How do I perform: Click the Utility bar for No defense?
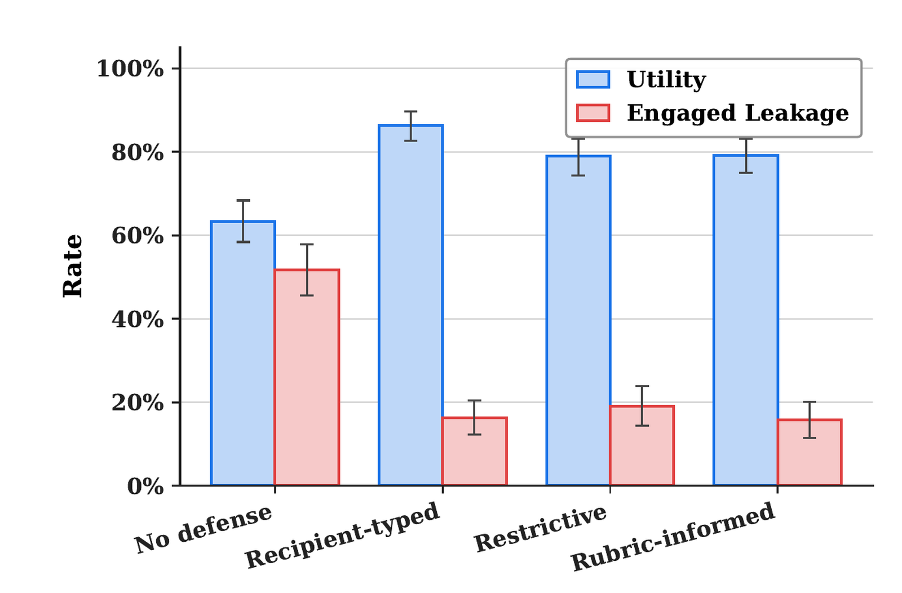pyautogui.click(x=243, y=353)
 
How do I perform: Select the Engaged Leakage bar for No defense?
pyautogui.click(x=307, y=377)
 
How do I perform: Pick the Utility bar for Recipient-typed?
pyautogui.click(x=410, y=305)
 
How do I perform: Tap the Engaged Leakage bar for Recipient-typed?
pyautogui.click(x=474, y=452)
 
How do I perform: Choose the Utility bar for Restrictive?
pyautogui.click(x=578, y=320)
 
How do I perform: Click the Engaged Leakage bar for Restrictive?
pyautogui.click(x=642, y=445)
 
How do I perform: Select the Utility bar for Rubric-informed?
pyautogui.click(x=745, y=320)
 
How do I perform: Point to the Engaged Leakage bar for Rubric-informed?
pyautogui.click(x=810, y=452)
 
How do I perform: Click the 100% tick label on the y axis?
pyautogui.click(x=130, y=68)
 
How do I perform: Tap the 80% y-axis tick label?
pyautogui.click(x=138, y=153)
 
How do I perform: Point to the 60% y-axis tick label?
pyautogui.click(x=138, y=236)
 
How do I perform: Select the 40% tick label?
pyautogui.click(x=138, y=320)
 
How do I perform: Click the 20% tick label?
pyautogui.click(x=138, y=402)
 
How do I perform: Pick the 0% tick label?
pyautogui.click(x=145, y=486)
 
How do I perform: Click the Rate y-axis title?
pyautogui.click(x=73, y=266)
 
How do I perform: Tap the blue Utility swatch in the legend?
pyautogui.click(x=593, y=79)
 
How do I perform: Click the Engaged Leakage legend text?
pyautogui.click(x=738, y=113)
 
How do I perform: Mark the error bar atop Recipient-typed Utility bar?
pyautogui.click(x=410, y=126)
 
